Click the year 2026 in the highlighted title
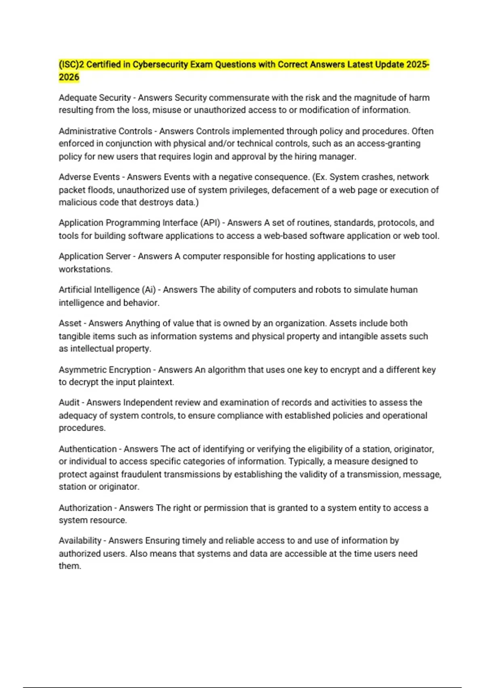pos(69,77)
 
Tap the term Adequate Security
pos(95,98)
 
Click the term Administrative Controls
pos(105,131)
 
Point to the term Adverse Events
pos(89,177)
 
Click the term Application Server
pos(95,256)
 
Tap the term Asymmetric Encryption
pos(105,369)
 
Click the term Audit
pos(69,402)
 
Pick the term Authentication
pos(87,449)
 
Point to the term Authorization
pos(85,508)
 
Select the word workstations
pos(85,269)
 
